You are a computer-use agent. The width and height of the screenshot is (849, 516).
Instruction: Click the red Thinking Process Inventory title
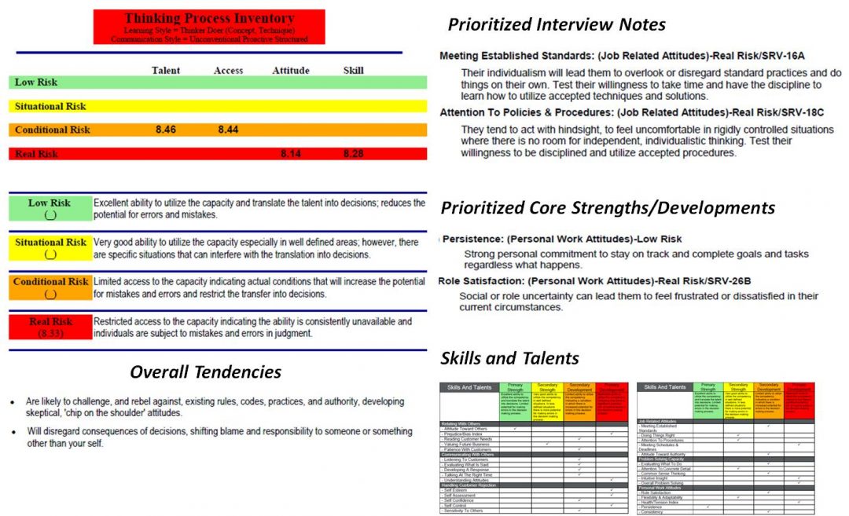point(208,18)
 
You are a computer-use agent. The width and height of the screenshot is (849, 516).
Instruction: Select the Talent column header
point(165,71)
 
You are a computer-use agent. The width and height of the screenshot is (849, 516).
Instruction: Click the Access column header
point(228,71)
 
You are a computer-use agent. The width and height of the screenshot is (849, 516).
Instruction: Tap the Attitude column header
point(291,71)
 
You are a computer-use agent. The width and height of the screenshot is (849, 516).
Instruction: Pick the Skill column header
point(354,71)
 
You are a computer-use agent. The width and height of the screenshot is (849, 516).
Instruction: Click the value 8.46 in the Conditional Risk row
point(166,130)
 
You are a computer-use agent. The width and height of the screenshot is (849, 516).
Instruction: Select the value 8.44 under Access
point(228,130)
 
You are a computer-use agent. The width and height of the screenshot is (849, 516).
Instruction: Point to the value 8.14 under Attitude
point(291,154)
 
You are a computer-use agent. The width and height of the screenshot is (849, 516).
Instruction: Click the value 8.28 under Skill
point(354,154)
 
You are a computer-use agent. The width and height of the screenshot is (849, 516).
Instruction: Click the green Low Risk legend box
point(50,208)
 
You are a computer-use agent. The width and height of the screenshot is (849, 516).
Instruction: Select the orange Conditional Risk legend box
point(50,287)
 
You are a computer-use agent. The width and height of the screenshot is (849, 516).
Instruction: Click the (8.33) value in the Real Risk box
point(50,333)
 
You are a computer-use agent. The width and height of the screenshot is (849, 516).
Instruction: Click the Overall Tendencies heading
point(205,371)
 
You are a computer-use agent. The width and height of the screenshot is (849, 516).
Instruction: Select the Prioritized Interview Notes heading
point(557,24)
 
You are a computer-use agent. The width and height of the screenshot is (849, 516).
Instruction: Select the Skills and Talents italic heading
point(509,358)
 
